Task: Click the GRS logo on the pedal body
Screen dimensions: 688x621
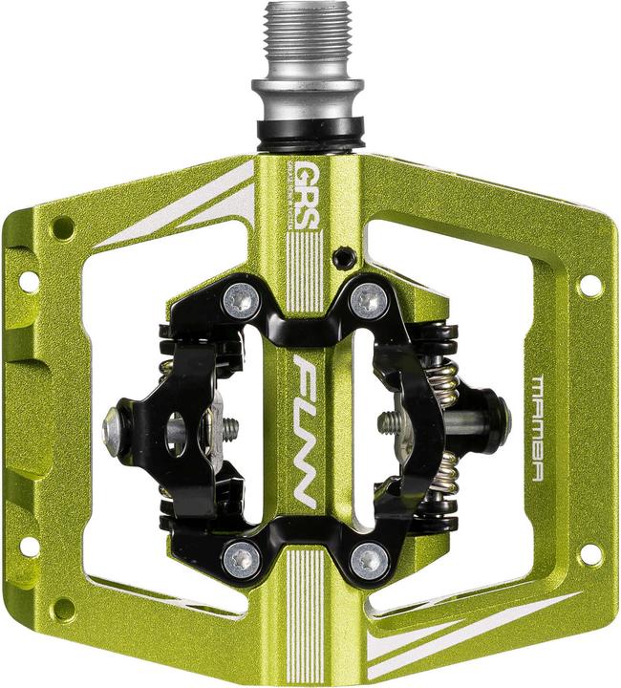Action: tap(308, 179)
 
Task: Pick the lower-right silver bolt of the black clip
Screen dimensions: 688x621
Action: tap(370, 559)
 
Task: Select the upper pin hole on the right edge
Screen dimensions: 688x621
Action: tap(590, 286)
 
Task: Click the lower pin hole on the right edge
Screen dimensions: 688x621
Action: tap(590, 553)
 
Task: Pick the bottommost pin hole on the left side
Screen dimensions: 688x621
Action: tap(63, 608)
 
